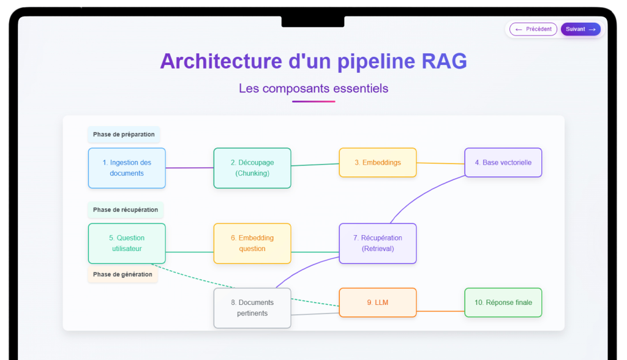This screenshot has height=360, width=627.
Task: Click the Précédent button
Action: point(533,29)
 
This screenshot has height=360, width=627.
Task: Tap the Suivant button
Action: point(580,29)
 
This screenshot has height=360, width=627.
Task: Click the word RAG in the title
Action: point(445,61)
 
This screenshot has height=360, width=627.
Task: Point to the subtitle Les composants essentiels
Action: point(313,88)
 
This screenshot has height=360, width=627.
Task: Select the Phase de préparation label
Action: point(124,135)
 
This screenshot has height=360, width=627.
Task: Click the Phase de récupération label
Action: point(126,209)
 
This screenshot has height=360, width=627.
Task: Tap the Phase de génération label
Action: point(122,274)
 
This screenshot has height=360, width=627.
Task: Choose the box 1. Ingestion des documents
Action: point(127,168)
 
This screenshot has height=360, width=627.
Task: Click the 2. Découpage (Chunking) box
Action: point(252,168)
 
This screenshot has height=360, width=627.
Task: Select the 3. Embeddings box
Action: point(378,162)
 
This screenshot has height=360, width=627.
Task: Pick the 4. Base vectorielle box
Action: point(503,162)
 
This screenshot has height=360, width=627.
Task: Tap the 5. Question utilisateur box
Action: point(127,243)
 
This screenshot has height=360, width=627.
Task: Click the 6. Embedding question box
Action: point(252,243)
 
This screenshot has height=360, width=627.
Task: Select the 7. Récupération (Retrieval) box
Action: point(378,243)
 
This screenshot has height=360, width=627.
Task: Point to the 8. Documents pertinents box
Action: point(252,308)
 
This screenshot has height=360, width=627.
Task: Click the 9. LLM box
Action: point(378,302)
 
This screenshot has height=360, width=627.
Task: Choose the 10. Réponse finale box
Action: point(503,302)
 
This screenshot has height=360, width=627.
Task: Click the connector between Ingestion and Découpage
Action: point(190,168)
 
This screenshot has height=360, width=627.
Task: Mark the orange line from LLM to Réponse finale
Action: point(440,311)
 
